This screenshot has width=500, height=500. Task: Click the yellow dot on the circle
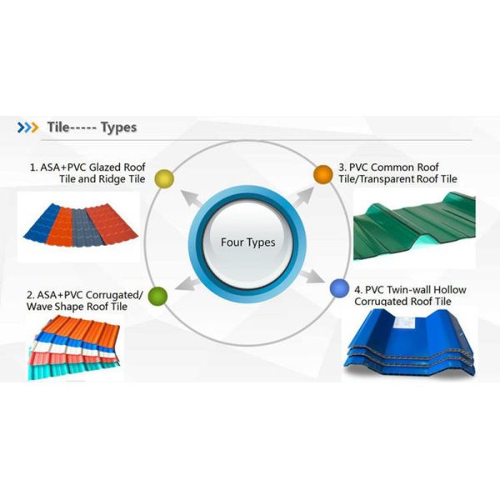click(x=164, y=177)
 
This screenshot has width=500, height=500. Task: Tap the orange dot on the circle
click(x=322, y=174)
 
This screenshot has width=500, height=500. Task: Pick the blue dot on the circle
click(x=338, y=288)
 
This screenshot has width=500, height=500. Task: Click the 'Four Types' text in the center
click(x=247, y=242)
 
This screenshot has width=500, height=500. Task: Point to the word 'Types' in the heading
click(x=118, y=127)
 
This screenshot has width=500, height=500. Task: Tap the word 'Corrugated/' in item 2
click(x=115, y=294)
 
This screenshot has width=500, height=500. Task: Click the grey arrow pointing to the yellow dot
click(x=193, y=201)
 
